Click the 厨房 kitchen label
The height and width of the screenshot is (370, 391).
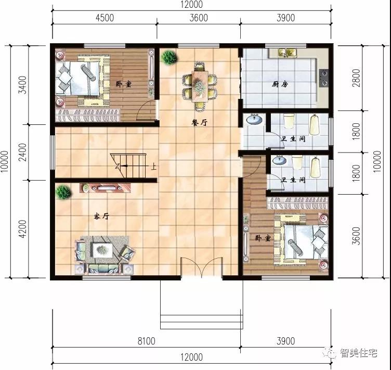[280, 84]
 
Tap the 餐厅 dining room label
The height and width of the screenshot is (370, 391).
[199, 122]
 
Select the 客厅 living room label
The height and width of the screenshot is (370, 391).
[101, 216]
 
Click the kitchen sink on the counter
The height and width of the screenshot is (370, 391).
[287, 53]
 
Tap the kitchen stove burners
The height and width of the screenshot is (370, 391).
[324, 78]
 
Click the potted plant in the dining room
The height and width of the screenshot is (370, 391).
[170, 57]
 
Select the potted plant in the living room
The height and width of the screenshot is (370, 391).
[63, 192]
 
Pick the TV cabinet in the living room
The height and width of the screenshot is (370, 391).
[105, 188]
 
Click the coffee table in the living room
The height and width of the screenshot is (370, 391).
[102, 250]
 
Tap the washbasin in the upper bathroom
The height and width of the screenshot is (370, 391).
[254, 119]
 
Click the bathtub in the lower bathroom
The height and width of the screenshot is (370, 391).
[316, 167]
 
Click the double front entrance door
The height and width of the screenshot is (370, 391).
[202, 267]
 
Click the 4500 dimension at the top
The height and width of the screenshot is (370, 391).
[105, 18]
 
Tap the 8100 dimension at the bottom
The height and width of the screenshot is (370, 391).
[147, 341]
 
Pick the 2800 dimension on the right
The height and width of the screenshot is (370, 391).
[357, 78]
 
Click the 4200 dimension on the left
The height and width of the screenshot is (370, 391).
[23, 229]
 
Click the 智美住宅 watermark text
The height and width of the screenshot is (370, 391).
[359, 353]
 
